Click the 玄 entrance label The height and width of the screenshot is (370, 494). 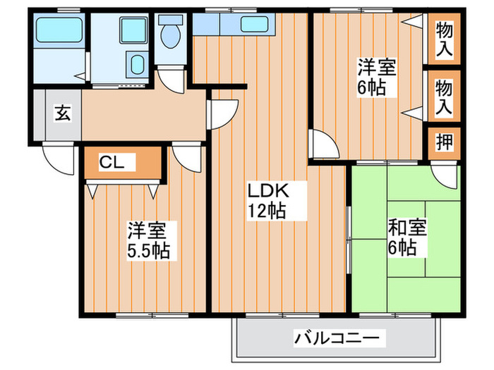coord(62,113)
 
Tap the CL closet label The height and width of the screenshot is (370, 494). coord(112,163)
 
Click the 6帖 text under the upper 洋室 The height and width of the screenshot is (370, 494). coord(371,90)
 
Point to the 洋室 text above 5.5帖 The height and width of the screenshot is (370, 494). coord(147,230)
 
